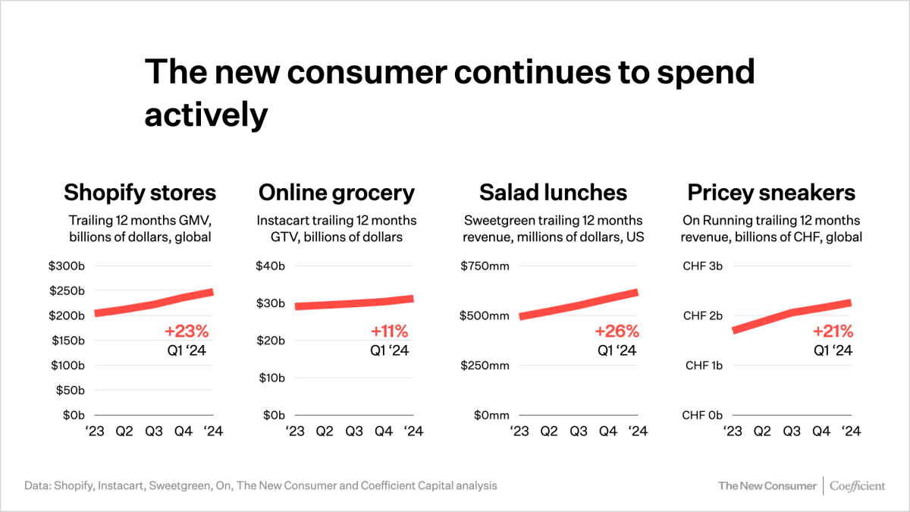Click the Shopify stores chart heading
coord(140,193)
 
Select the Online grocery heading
coord(337,193)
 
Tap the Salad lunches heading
coord(553,193)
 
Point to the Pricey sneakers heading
coord(770,193)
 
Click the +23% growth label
coord(186,331)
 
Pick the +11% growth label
coord(389,331)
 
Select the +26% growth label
coord(617,331)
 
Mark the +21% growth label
coord(833,331)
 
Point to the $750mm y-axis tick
coord(485,266)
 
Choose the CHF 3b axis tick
coord(703,266)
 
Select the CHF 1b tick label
coord(703,366)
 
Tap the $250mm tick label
coord(485,366)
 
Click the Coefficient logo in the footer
coord(858,485)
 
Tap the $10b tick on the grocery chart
coord(273,378)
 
